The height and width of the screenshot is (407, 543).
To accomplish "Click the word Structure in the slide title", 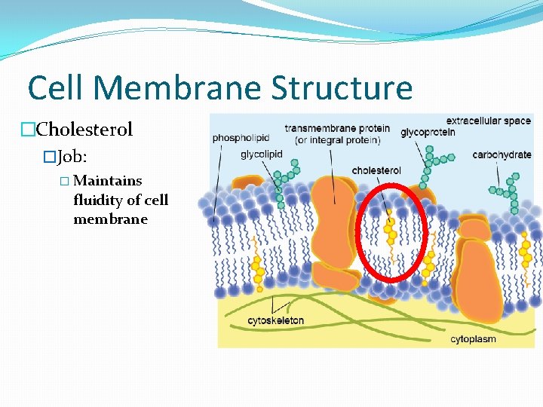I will click(342, 87).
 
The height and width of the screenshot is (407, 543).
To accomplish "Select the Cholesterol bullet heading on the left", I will click(84, 130).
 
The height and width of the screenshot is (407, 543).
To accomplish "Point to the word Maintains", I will click(108, 181).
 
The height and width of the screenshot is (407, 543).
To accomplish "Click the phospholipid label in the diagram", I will click(241, 138).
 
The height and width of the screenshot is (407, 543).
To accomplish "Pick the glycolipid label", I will click(262, 155).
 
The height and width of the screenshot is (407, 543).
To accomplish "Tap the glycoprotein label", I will click(428, 133).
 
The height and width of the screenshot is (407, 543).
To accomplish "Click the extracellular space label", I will click(489, 121).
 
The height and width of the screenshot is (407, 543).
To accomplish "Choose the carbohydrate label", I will click(502, 155).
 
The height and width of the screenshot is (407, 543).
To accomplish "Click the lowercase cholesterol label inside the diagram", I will click(376, 171).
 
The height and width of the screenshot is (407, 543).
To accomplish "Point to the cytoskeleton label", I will click(276, 320).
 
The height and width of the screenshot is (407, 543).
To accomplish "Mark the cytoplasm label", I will click(474, 338).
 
